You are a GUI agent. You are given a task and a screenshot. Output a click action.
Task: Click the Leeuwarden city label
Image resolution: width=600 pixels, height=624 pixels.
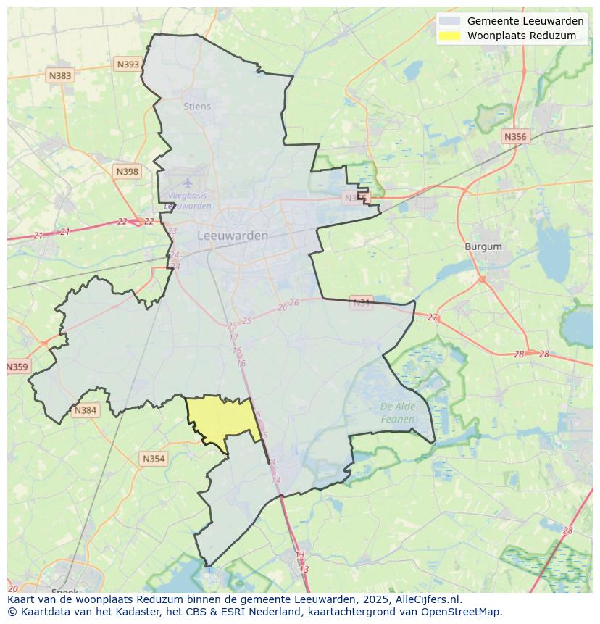tap(233, 236)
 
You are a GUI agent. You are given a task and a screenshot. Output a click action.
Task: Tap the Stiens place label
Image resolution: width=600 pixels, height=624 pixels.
tap(197, 107)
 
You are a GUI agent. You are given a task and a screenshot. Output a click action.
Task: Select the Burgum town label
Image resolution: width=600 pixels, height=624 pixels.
tap(483, 246)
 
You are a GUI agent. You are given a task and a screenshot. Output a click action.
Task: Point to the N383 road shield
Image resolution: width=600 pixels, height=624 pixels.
tap(60, 75)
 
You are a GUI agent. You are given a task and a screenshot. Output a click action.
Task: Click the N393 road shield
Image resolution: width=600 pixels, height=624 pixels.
tap(128, 65)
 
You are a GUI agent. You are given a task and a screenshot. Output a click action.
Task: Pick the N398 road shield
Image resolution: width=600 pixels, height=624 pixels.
tap(127, 172)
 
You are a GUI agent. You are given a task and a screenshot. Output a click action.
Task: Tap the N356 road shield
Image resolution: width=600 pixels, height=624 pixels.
tap(515, 136)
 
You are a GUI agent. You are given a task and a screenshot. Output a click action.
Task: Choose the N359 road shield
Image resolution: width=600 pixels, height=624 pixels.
tap(17, 367)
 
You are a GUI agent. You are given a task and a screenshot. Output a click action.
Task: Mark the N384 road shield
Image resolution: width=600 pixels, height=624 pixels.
tap(85, 410)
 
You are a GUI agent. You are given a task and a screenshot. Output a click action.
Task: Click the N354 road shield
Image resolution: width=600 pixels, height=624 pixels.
tap(154, 459)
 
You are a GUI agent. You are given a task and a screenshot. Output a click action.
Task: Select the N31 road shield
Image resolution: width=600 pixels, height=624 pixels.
tap(361, 302)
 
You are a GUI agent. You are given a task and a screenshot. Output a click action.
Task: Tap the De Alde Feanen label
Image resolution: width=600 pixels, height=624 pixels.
tap(398, 412)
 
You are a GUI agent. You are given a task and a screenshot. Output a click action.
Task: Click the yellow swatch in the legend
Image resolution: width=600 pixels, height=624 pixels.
tap(449, 36)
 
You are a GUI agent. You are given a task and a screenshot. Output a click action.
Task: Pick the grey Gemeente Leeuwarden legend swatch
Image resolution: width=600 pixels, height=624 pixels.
tap(449, 21)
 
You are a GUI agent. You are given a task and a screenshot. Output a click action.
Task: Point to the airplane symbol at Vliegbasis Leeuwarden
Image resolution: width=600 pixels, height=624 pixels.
tap(188, 183)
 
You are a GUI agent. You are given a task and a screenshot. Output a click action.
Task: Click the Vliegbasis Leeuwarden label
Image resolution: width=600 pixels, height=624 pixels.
tap(188, 200)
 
